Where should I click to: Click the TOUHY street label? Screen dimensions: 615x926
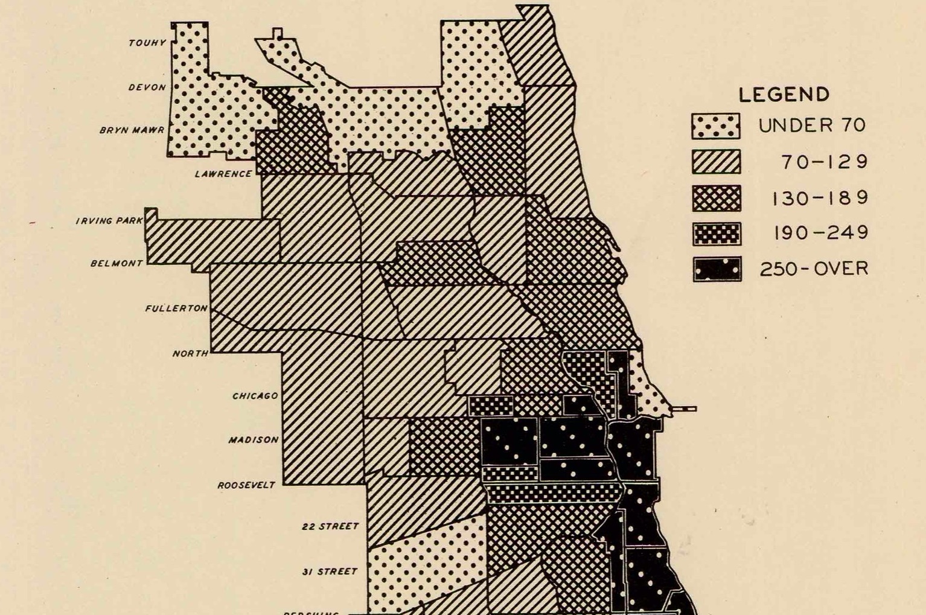click(147, 43)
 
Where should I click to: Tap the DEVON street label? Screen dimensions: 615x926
click(147, 88)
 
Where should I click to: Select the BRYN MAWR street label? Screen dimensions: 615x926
click(132, 130)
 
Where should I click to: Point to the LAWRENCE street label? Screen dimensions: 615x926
click(223, 174)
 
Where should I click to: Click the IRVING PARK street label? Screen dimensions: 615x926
click(109, 221)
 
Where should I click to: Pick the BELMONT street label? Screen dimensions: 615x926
click(117, 263)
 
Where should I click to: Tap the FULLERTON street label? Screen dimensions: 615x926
click(176, 308)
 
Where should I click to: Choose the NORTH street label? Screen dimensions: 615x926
click(190, 353)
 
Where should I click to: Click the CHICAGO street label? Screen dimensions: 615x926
click(255, 396)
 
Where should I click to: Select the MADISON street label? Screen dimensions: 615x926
click(254, 440)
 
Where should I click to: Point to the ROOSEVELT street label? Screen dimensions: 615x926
click(246, 485)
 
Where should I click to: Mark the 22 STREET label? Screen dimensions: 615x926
click(330, 526)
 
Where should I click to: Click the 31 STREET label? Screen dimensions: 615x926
click(330, 572)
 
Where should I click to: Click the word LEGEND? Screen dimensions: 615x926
click(784, 95)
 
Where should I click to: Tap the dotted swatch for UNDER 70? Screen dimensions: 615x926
click(716, 126)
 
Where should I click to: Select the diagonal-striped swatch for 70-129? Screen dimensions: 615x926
click(716, 162)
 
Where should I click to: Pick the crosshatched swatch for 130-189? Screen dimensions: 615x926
click(716, 198)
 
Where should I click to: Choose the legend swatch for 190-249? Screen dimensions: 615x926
click(717, 234)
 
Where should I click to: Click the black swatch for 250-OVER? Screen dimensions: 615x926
click(717, 269)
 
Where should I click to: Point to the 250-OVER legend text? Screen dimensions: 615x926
click(814, 269)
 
